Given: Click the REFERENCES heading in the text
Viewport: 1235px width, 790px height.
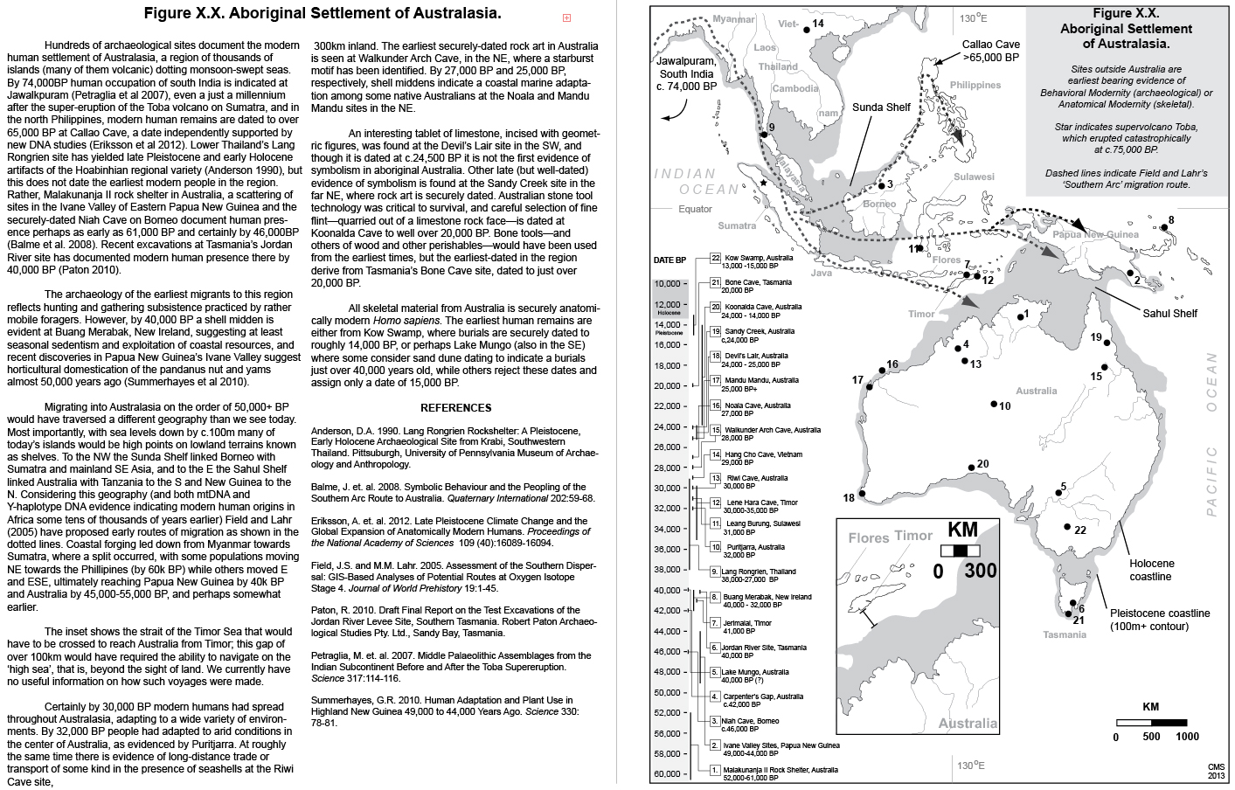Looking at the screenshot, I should point(455,407).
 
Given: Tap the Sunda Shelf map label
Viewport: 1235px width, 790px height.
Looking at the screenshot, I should point(881,107).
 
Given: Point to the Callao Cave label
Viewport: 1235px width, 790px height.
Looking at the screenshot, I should point(990,51).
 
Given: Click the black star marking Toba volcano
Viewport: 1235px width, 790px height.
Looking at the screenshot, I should point(764,184).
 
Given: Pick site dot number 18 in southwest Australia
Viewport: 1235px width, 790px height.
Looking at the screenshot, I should point(862,494).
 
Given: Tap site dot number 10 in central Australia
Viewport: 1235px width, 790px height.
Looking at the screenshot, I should point(994,403).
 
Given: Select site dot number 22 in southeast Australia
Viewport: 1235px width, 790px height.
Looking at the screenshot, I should point(1067,526).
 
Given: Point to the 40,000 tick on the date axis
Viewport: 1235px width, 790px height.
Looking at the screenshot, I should point(670,591).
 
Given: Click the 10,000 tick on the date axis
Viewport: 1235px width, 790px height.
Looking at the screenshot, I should point(670,284).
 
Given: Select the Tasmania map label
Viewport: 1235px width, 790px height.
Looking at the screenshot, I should point(1065,634).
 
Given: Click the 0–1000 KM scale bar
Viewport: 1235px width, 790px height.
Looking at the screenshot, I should point(1150,722).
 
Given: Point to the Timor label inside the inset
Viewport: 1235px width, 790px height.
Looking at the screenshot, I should point(914,537).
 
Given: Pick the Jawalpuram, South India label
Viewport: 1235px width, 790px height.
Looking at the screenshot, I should point(686,74).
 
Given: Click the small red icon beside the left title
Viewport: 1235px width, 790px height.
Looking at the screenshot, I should point(566,17).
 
